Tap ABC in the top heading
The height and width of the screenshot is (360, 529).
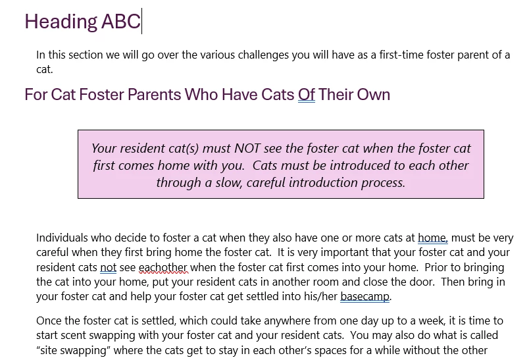(x=121, y=21)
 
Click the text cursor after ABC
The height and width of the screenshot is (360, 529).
(x=141, y=21)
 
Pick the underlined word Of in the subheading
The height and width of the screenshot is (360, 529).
(x=307, y=95)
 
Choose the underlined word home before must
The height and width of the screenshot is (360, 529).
(x=432, y=238)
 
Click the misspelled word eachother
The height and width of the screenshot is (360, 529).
(x=163, y=268)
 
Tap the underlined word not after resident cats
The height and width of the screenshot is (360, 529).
(x=109, y=268)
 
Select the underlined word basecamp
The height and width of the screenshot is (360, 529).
(x=365, y=297)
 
